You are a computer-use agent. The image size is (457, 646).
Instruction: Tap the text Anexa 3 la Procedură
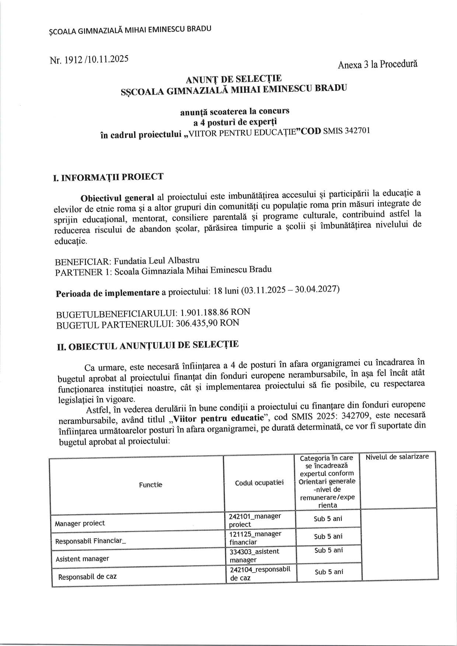pyautogui.click(x=377, y=64)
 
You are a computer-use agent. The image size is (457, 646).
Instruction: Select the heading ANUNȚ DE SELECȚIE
pyautogui.click(x=234, y=79)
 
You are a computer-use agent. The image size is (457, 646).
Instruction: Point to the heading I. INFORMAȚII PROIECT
pyautogui.click(x=108, y=177)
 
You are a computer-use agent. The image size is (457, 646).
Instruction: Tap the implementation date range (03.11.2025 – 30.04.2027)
pyautogui.click(x=290, y=290)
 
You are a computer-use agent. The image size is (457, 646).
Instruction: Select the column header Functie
pyautogui.click(x=150, y=485)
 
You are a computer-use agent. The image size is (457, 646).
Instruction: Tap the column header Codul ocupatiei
pyautogui.click(x=259, y=483)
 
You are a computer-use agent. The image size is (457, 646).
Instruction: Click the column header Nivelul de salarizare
pyautogui.click(x=397, y=457)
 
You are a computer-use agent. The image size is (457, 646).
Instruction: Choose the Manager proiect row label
pyautogui.click(x=80, y=523)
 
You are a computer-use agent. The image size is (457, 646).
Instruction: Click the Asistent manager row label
pyautogui.click(x=82, y=559)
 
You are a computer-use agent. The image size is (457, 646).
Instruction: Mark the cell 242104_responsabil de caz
pyautogui.click(x=260, y=573)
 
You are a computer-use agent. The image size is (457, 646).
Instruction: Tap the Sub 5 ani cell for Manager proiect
pyautogui.click(x=328, y=519)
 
